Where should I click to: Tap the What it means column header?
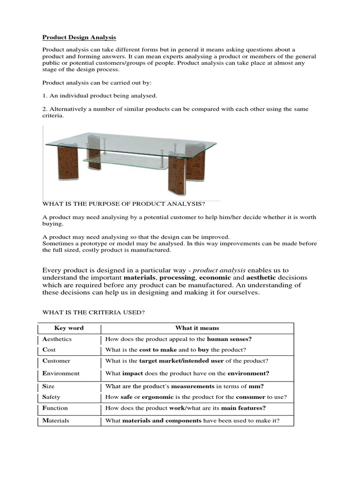pos(197,328)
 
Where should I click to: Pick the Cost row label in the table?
pos(49,350)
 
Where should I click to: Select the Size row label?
pos(49,386)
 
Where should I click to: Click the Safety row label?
pos(52,397)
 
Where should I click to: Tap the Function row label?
pos(55,408)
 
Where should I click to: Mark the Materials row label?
pos(56,420)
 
